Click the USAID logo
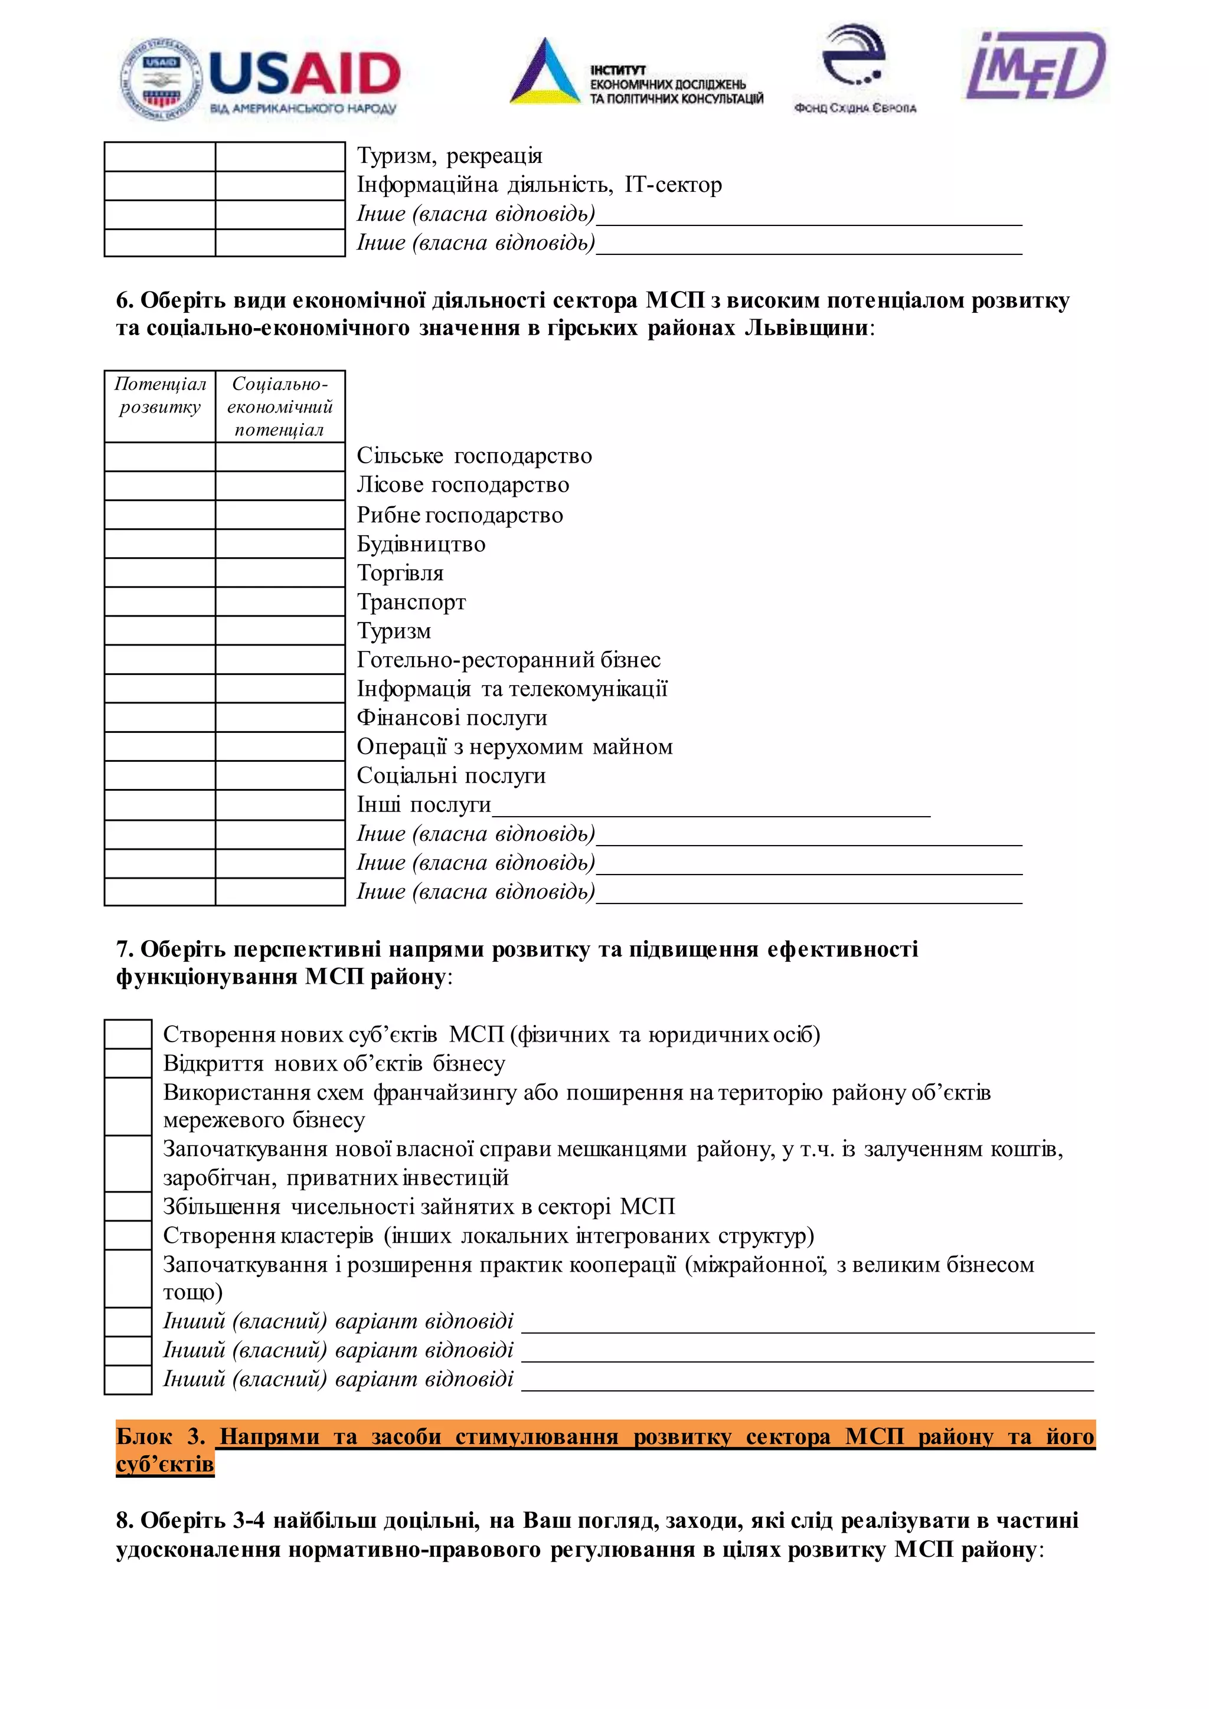pyautogui.click(x=260, y=77)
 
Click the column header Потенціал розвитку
pyautogui.click(x=160, y=396)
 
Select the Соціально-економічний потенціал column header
pyautogui.click(x=280, y=407)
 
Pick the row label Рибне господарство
pyautogui.click(x=459, y=515)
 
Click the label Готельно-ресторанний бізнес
pyautogui.click(x=508, y=660)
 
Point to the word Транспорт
pyautogui.click(x=411, y=601)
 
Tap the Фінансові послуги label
pyautogui.click(x=452, y=718)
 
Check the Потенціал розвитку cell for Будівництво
pyautogui.click(x=160, y=544)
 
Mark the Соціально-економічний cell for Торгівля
pyautogui.click(x=280, y=572)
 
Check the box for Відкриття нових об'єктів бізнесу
pyautogui.click(x=128, y=1063)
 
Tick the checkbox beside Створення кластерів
pyautogui.click(x=128, y=1236)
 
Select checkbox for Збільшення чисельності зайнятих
pyautogui.click(x=128, y=1207)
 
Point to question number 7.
pyautogui.click(x=125, y=949)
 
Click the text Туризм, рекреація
pyautogui.click(x=449, y=156)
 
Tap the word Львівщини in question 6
pyautogui.click(x=805, y=328)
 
